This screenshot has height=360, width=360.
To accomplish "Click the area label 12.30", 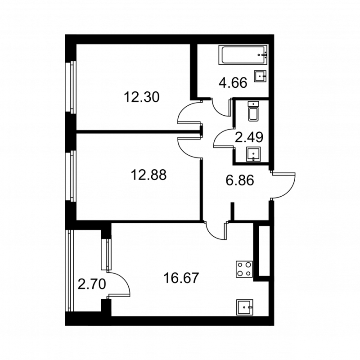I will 141,97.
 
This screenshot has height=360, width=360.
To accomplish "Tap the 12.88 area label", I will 148,175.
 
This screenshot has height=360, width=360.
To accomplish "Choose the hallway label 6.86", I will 240,181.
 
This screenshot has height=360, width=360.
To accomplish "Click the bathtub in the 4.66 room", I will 243,54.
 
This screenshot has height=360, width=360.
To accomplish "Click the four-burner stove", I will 244,270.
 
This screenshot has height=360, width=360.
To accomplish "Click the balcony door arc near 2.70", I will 120,283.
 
